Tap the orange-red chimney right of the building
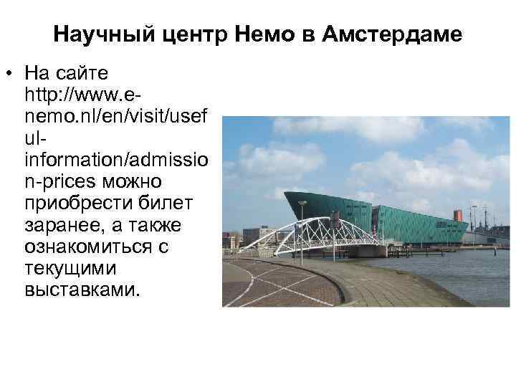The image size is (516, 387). coord(457,214)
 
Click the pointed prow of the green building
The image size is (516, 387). coord(287,194)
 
